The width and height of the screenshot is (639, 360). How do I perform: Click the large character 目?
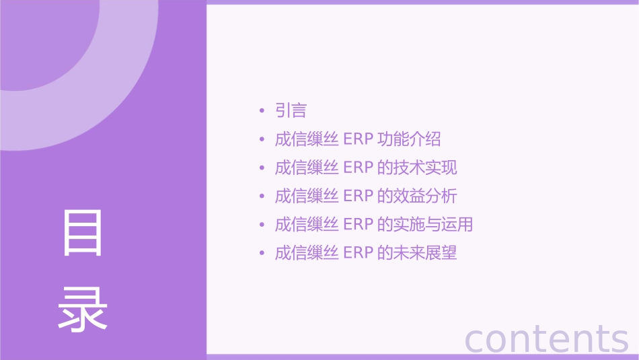click(x=83, y=233)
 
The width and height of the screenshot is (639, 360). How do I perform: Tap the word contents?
click(x=546, y=338)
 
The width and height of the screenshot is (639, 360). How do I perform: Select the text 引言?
click(x=291, y=110)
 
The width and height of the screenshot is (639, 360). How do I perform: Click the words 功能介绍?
click(x=409, y=139)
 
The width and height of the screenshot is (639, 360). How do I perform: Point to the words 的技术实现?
click(x=417, y=168)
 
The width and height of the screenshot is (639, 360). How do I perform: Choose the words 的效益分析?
click(x=417, y=196)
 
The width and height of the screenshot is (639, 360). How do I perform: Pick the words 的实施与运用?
click(x=425, y=224)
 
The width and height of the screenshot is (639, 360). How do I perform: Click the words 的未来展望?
click(x=417, y=253)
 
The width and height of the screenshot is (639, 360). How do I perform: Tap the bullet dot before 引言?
click(x=262, y=111)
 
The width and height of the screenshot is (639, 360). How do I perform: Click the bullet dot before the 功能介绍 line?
click(x=262, y=140)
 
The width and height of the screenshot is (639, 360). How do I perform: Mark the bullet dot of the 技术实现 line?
click(x=262, y=168)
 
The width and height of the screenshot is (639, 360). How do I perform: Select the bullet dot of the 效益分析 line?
click(x=262, y=196)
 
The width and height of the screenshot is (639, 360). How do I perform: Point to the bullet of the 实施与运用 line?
click(x=262, y=225)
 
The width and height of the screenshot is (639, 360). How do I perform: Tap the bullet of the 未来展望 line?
click(x=262, y=254)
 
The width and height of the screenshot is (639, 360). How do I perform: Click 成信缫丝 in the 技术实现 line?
click(x=306, y=168)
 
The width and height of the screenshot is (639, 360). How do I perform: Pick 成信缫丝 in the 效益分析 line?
click(x=306, y=196)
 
